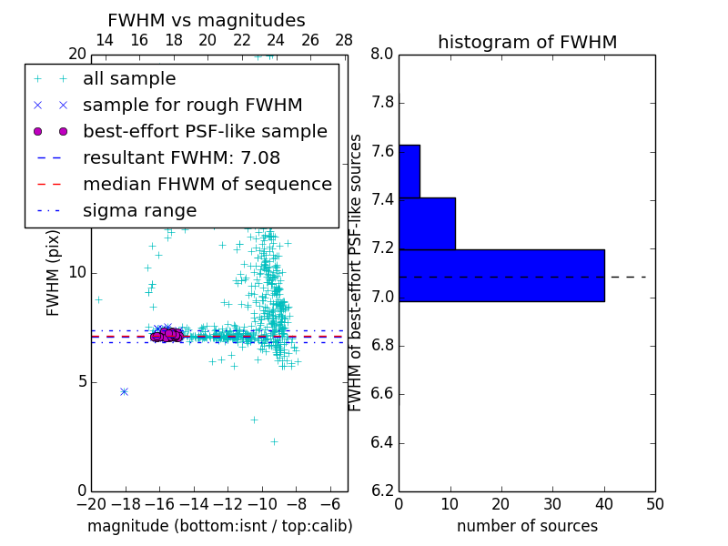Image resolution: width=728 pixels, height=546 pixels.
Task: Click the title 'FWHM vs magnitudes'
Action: coord(207,20)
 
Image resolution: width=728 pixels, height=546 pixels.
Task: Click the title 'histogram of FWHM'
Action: coord(527,42)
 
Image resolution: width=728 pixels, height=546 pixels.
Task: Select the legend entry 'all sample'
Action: coord(129,79)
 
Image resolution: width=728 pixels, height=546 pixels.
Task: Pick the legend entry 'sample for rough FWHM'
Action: coord(192,105)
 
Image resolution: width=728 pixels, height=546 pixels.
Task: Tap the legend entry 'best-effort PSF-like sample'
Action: coord(205,131)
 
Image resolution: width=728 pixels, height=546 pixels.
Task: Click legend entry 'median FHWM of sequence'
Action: coord(207,184)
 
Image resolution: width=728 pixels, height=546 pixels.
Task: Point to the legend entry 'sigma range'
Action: coord(139,210)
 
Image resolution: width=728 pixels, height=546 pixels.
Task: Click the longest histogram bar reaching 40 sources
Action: coord(501,275)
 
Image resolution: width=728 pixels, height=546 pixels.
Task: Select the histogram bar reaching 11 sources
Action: coord(427,223)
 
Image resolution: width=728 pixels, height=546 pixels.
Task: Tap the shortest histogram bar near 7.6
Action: coord(409,171)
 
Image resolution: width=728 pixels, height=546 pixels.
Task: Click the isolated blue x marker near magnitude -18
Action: coord(124,391)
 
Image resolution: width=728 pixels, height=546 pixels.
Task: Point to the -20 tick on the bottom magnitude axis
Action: coord(91,504)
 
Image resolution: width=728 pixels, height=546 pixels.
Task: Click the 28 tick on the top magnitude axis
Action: coord(344,40)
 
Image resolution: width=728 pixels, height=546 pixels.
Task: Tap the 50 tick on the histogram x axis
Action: coord(654,504)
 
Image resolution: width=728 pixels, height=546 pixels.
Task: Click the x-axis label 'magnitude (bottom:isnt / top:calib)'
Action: coord(219,526)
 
